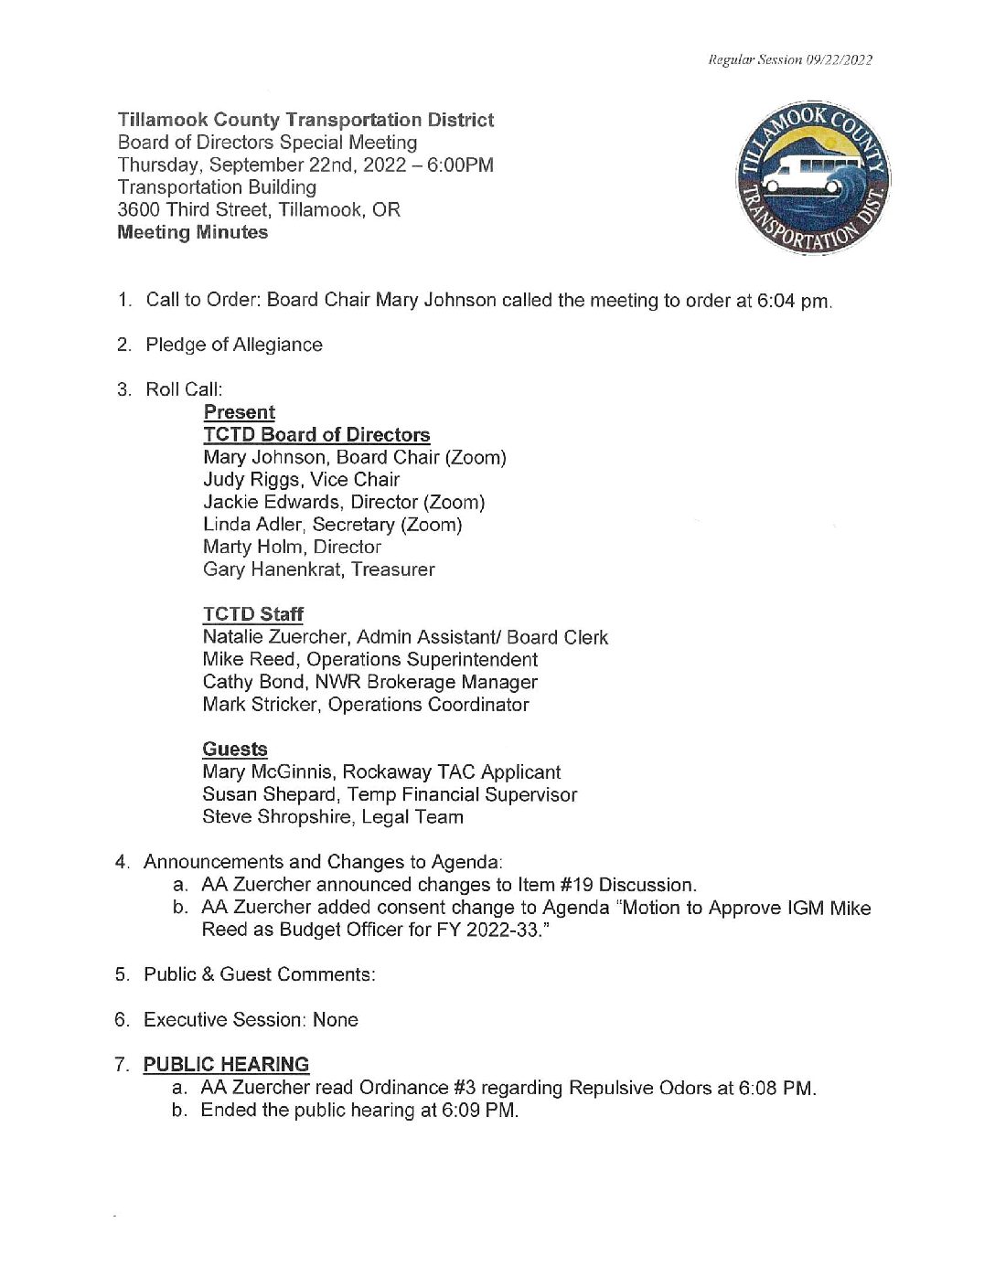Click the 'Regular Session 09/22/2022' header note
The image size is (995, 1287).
790,60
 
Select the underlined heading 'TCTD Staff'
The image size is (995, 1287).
253,614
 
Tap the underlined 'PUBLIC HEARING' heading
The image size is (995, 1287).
226,1064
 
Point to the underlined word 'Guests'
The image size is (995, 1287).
235,749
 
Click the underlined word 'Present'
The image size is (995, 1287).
239,412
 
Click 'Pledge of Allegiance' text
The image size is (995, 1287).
234,345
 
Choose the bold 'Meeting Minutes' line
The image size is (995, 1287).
193,232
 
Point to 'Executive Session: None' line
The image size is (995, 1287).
251,1019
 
